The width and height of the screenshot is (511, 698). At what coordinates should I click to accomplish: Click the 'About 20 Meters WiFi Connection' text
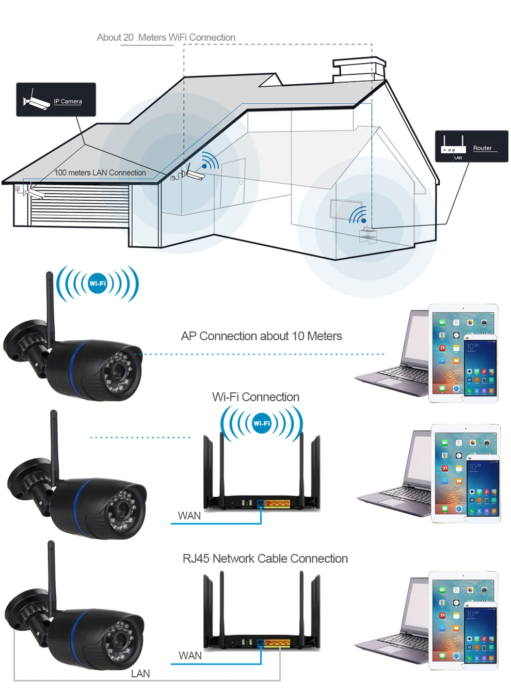point(166,37)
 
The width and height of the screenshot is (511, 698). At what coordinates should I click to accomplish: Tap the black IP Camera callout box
point(56,100)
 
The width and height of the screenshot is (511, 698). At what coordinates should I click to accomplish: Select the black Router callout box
point(471,146)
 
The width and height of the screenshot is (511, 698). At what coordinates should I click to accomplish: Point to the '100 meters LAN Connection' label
point(100,172)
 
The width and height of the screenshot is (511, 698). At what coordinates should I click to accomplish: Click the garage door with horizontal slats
point(79,205)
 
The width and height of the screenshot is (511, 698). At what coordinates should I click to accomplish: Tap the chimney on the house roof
point(359,70)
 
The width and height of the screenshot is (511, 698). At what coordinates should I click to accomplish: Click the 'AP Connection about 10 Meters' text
point(261,336)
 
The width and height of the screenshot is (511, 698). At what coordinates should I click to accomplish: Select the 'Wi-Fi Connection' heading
point(255,397)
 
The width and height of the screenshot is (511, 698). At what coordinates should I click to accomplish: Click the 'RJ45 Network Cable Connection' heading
point(265,559)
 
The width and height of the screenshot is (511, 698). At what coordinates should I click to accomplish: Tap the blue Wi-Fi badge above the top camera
point(98,283)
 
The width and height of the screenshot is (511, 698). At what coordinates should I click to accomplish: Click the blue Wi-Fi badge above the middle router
point(262,423)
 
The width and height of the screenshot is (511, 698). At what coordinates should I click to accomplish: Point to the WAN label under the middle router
point(189,516)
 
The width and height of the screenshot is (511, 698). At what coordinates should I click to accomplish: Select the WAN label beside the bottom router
point(190,656)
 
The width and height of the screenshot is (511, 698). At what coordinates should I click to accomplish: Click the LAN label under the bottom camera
point(140,674)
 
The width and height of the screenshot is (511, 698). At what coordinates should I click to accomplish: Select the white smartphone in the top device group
point(480,369)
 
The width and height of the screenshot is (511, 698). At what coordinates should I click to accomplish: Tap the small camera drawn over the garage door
point(35,193)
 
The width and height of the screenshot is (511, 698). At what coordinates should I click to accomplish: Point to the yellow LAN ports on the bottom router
point(277,642)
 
